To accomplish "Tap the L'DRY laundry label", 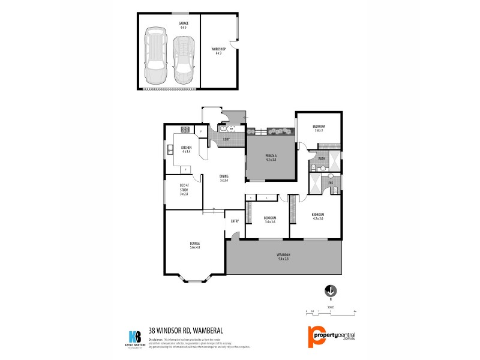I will click(226, 140).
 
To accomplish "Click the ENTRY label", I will click(235, 221).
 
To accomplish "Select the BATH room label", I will click(322, 158).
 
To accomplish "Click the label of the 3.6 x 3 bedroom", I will click(318, 128).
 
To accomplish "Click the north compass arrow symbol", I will click(329, 291).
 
